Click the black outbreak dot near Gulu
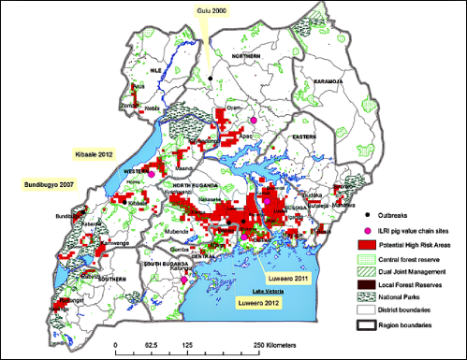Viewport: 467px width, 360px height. tap(212, 77)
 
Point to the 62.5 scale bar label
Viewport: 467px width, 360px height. tap(152, 348)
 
